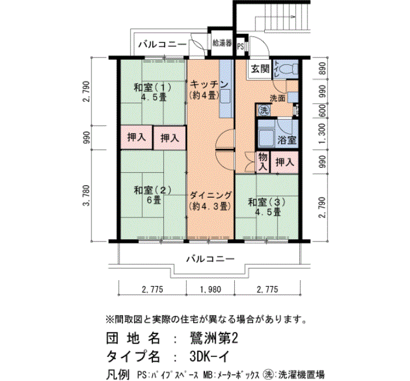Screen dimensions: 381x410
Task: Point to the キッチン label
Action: (x=204, y=84)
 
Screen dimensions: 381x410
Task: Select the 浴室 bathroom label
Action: (x=286, y=141)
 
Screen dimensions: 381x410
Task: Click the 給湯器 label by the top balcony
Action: (x=223, y=44)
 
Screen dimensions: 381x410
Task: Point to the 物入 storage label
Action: (x=263, y=161)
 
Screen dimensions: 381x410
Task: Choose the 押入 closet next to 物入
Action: (x=285, y=161)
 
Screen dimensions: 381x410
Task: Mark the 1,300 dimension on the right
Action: (x=322, y=135)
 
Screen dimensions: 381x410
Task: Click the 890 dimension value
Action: (x=322, y=69)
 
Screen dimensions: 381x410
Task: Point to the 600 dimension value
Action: (x=322, y=110)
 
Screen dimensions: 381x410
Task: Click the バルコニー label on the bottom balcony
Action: (x=210, y=258)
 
